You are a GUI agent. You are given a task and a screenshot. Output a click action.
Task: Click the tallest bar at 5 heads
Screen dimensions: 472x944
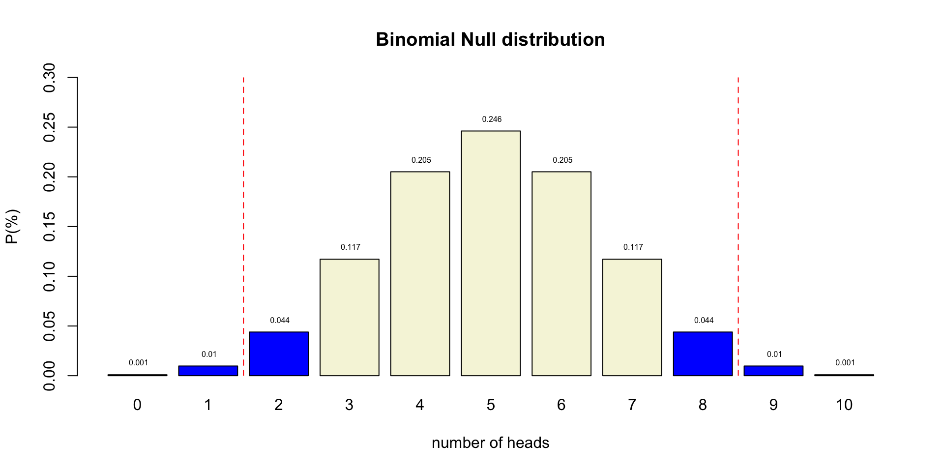click(x=491, y=253)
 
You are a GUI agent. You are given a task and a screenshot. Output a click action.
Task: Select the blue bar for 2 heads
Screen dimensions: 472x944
click(x=279, y=354)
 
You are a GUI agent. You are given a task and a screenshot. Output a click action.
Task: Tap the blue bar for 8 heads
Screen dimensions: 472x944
click(x=703, y=354)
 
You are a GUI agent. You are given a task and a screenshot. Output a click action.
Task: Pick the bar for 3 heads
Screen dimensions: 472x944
click(x=350, y=317)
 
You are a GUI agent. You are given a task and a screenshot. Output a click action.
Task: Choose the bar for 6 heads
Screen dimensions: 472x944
click(x=561, y=273)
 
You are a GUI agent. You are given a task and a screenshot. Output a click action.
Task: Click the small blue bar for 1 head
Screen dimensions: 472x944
click(x=208, y=371)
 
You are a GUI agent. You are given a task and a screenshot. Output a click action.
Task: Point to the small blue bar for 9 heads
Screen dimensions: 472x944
click(x=773, y=371)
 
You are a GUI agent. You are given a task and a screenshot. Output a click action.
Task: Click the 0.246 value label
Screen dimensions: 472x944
click(x=492, y=119)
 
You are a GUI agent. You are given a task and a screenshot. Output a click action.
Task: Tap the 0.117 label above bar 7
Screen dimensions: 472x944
click(x=633, y=247)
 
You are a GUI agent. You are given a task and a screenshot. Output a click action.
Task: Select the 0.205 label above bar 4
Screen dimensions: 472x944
click(x=421, y=160)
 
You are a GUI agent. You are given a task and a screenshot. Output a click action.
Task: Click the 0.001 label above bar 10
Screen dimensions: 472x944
click(x=845, y=363)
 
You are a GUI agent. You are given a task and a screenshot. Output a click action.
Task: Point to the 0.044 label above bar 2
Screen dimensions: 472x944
click(x=280, y=321)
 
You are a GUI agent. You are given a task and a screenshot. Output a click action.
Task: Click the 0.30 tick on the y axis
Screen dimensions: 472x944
click(x=49, y=78)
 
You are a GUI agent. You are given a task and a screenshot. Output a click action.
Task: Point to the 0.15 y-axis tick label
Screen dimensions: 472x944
click(x=49, y=227)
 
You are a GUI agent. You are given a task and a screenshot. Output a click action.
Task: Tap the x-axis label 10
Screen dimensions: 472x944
click(x=844, y=405)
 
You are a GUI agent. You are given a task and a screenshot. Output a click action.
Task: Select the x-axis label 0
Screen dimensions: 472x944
click(x=137, y=405)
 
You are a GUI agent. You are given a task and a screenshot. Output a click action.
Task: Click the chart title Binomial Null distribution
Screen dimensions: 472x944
click(x=490, y=40)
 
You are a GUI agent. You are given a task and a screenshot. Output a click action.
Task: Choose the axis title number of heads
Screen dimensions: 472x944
click(x=490, y=443)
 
